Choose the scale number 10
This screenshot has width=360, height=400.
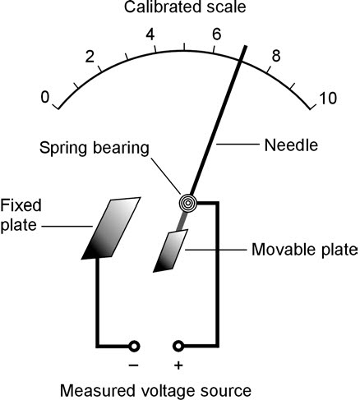[x=326, y=99]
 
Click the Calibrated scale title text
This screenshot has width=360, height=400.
[x=181, y=9]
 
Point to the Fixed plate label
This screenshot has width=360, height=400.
[x=20, y=214]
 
